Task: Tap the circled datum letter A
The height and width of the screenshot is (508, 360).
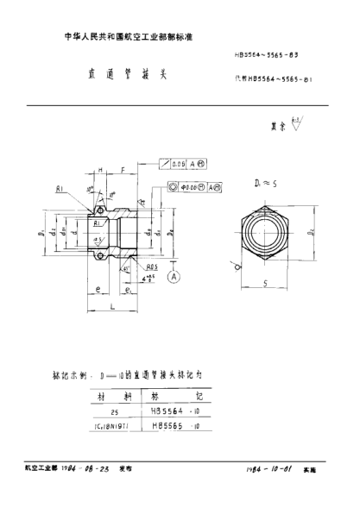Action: click(x=173, y=277)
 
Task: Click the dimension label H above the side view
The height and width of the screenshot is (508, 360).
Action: click(x=100, y=172)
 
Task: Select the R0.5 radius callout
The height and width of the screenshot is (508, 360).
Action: click(x=151, y=267)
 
